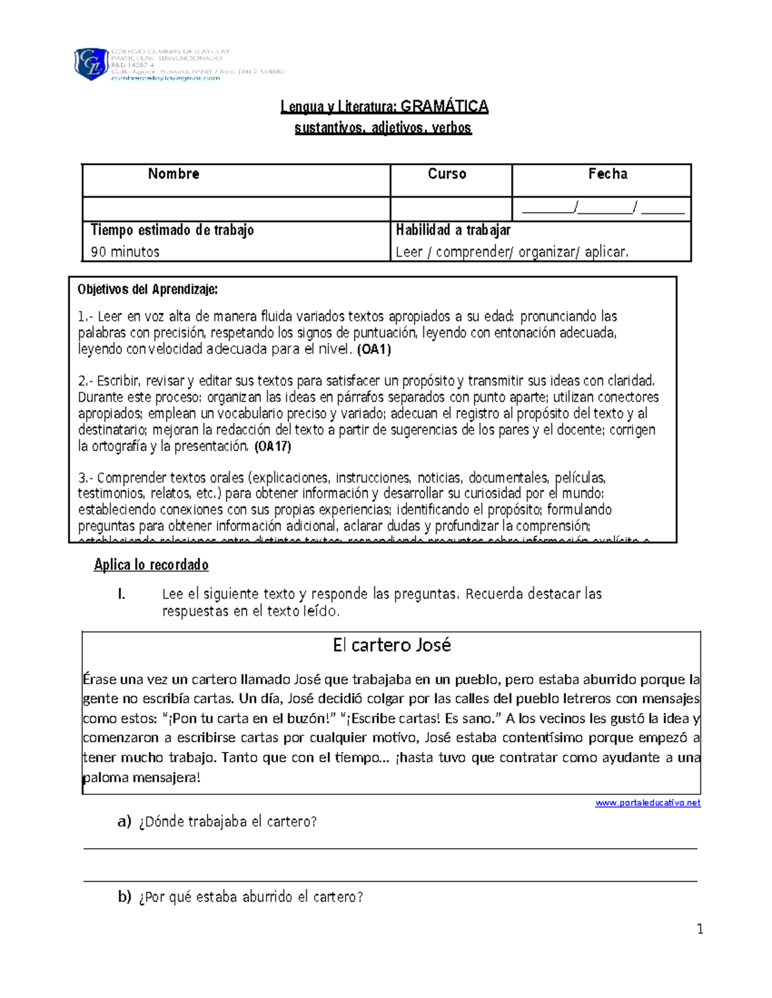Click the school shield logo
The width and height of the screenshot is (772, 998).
[91, 64]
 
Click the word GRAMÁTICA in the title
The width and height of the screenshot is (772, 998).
[445, 107]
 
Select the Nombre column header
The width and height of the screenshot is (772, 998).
[173, 174]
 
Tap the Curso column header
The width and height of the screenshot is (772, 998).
[447, 174]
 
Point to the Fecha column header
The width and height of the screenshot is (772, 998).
[607, 174]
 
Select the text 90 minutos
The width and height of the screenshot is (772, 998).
[125, 252]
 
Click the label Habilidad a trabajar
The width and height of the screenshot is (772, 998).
[453, 230]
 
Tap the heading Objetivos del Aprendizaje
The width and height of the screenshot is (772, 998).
[147, 290]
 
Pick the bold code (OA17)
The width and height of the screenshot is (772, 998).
[273, 446]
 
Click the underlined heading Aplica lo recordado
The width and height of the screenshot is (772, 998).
[151, 565]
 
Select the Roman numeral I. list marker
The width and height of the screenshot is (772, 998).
[121, 594]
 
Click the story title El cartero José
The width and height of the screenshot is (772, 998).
[391, 645]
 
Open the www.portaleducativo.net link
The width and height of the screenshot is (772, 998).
[647, 803]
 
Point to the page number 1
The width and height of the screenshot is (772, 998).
[700, 929]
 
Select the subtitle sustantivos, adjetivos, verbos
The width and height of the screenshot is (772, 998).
[383, 128]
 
